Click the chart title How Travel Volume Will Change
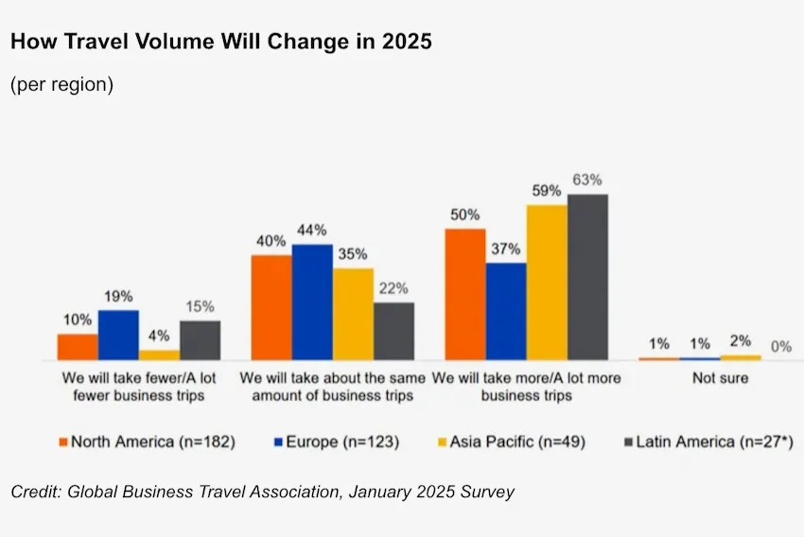tap(221, 43)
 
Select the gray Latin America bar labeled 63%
tap(586, 277)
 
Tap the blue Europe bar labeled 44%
tap(312, 303)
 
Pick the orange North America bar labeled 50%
tap(464, 294)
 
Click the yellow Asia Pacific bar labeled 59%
tap(547, 283)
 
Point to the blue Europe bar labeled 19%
tap(118, 336)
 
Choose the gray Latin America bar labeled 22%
tap(393, 332)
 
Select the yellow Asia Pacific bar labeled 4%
tap(159, 355)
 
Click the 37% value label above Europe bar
tap(506, 248)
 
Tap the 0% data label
tap(780, 347)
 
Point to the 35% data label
tap(353, 254)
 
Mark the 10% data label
tap(78, 320)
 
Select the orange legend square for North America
tap(63, 442)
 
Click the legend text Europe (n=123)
tap(341, 442)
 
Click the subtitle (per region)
tap(62, 84)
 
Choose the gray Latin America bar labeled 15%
tap(200, 340)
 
